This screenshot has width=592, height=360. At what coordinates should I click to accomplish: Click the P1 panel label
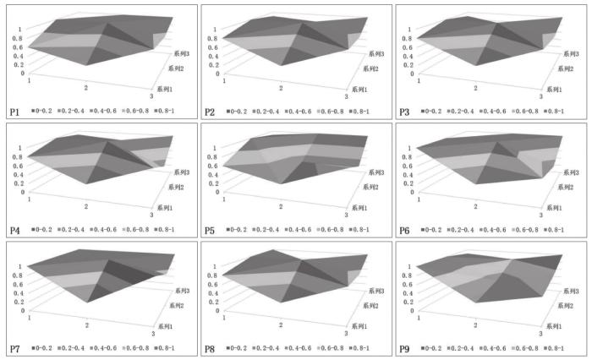(x=14, y=111)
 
